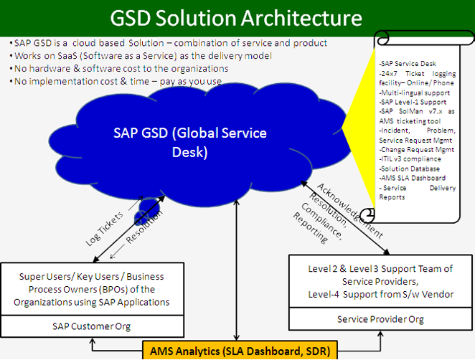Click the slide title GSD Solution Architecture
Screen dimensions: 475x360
(x=236, y=18)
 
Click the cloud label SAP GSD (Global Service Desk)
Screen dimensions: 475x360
(x=190, y=142)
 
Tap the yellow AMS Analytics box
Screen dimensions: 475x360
(x=240, y=351)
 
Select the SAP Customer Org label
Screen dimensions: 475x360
(x=92, y=326)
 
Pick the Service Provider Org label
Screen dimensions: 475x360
(x=380, y=319)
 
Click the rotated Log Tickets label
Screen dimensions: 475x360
(x=105, y=228)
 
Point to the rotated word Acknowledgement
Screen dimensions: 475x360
(x=350, y=211)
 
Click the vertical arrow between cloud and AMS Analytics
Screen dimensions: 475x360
(x=237, y=270)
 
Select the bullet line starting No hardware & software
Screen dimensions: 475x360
(x=119, y=69)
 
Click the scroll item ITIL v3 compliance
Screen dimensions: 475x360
(x=410, y=159)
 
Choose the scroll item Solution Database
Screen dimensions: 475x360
(x=409, y=169)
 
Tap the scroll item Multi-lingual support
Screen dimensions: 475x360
(x=415, y=93)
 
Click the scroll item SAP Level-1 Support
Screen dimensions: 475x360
(x=413, y=102)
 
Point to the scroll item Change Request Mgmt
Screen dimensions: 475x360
(x=417, y=150)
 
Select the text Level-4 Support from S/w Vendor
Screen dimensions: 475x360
(x=381, y=294)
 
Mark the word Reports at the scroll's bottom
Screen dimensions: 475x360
(x=392, y=197)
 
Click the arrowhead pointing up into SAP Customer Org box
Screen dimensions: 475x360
(x=93, y=341)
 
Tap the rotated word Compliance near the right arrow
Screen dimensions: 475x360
(x=321, y=221)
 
